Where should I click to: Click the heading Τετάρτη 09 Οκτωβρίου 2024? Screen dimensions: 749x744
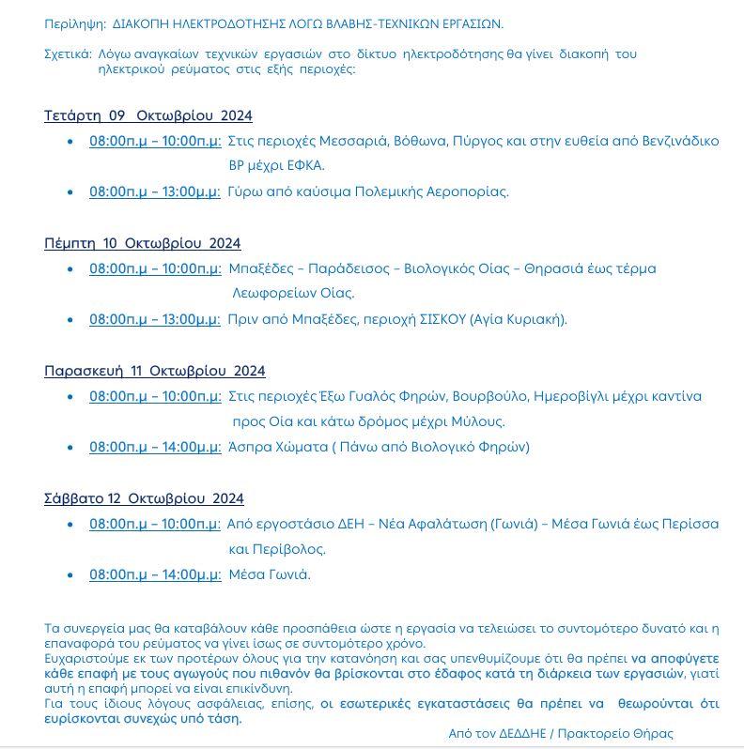point(148,115)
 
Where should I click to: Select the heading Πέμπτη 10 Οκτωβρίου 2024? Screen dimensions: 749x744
point(142,243)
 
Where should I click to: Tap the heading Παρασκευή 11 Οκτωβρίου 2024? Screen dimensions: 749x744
point(155,371)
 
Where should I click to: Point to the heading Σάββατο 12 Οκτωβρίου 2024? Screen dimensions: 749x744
point(144,498)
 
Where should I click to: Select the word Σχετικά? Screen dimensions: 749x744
point(68,53)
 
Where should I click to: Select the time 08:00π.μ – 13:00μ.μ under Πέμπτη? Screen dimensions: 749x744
point(155,319)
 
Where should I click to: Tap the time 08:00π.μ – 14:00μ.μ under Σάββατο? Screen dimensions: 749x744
point(155,574)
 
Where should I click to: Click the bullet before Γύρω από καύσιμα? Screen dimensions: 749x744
point(70,191)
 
